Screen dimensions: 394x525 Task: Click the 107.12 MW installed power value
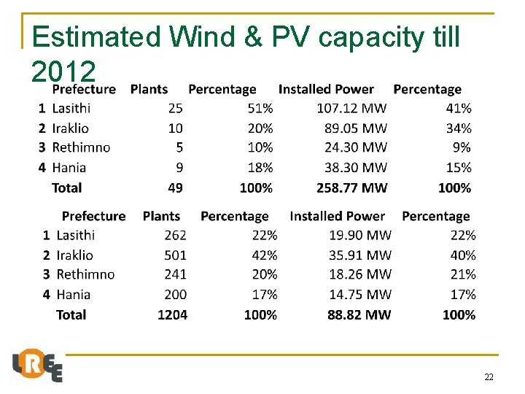point(352,109)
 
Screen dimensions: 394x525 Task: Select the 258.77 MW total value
point(352,188)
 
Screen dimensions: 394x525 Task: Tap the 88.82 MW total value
point(359,314)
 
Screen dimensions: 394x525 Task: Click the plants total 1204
point(172,314)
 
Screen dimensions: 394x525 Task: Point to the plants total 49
point(175,188)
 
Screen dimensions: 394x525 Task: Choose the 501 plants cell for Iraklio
point(175,255)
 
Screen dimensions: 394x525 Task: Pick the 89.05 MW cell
point(356,128)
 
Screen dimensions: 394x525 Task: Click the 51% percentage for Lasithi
point(260,109)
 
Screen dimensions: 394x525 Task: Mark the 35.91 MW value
point(360,255)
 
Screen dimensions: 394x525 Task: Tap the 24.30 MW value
point(356,147)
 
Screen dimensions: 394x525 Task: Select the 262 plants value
point(175,235)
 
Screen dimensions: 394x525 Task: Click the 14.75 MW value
point(360,295)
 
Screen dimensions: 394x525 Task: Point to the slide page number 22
point(489,377)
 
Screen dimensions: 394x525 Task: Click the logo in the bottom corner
point(37,366)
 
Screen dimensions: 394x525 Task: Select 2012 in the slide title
point(63,71)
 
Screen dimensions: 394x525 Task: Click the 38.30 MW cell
point(356,168)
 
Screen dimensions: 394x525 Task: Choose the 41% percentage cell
point(459,109)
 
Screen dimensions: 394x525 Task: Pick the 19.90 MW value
point(360,235)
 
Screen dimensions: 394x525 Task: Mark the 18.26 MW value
point(360,274)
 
